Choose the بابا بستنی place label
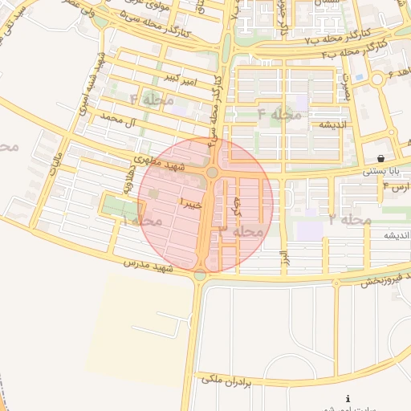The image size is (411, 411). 380,171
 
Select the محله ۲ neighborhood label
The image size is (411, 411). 350,219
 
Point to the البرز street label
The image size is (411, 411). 283,258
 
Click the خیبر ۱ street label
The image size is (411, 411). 193,202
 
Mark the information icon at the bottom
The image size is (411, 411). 348,399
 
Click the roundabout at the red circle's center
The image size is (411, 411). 213,173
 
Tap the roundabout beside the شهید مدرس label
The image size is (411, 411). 199,275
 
